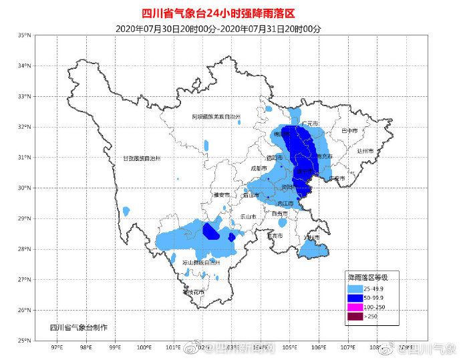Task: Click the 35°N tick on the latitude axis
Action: [x=25, y=35]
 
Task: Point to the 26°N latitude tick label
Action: [x=25, y=310]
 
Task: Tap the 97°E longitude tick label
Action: [x=57, y=347]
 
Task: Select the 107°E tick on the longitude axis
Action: [x=348, y=347]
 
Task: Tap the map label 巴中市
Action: [x=349, y=130]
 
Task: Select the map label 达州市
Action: [x=365, y=152]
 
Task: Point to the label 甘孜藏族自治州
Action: [x=142, y=158]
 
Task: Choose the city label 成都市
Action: [x=259, y=168]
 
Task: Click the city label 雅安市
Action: [x=222, y=194]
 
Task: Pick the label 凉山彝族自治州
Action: [x=200, y=262]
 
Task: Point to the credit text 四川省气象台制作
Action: [x=78, y=328]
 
